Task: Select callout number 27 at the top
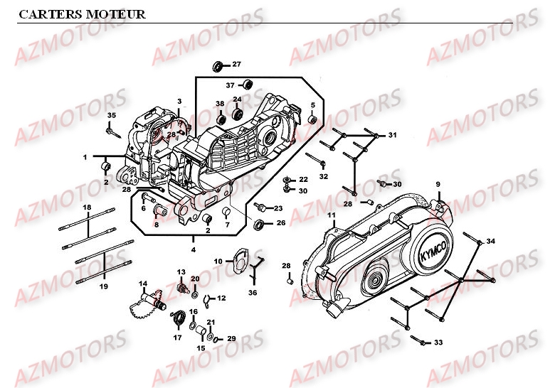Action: coord(237,65)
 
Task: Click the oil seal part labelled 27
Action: coord(218,67)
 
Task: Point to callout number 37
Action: coord(231,85)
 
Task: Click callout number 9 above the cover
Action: coord(438,185)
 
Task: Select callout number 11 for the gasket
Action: coord(331,215)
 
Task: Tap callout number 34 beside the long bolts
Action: coord(491,242)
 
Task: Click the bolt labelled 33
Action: coord(423,343)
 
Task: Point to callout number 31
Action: coord(393,135)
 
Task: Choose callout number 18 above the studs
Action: coord(87,208)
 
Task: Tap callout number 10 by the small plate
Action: coord(218,262)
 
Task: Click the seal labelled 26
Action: coord(260,225)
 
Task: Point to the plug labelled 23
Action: coord(263,208)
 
